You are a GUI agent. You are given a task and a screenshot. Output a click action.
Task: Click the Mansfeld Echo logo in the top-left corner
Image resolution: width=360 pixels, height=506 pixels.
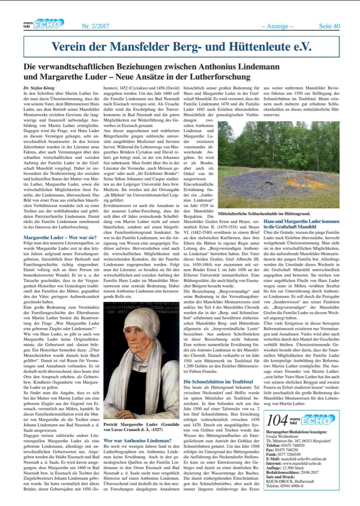pyautogui.click(x=43, y=23)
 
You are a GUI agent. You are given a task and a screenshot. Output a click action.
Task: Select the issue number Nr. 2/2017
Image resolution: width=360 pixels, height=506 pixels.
pyautogui.click(x=95, y=25)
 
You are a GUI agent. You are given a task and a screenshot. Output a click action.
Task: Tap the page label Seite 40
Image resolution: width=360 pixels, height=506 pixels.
pyautogui.click(x=329, y=25)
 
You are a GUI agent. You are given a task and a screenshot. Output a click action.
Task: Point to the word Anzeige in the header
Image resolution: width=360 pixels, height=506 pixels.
pyautogui.click(x=277, y=25)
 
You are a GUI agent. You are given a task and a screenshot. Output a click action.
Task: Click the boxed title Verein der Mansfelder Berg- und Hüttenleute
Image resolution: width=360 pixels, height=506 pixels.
pyautogui.click(x=181, y=47)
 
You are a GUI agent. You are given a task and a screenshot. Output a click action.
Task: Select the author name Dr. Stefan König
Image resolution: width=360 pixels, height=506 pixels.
pyautogui.click(x=39, y=87)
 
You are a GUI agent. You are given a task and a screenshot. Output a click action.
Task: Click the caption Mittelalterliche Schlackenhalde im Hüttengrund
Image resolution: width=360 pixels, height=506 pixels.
pyautogui.click(x=274, y=214)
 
